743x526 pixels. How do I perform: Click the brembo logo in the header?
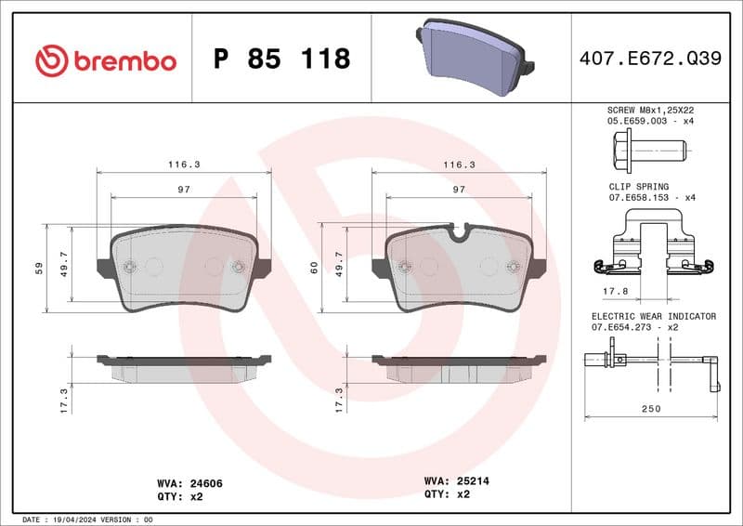click(x=105, y=60)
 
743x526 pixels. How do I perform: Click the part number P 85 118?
click(x=281, y=59)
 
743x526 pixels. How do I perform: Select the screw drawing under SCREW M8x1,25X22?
click(x=649, y=147)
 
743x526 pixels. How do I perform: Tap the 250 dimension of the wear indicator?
click(x=650, y=409)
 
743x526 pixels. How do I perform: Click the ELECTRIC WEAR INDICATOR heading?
click(x=654, y=316)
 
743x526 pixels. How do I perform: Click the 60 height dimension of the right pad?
click(x=314, y=268)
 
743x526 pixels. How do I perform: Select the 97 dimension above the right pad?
click(x=458, y=189)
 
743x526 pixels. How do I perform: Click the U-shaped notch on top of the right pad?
click(x=458, y=231)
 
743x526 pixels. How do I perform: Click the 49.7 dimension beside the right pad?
click(x=339, y=268)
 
